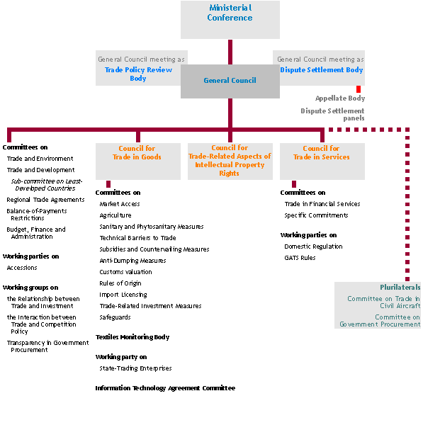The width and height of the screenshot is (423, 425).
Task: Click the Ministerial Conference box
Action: [230, 20]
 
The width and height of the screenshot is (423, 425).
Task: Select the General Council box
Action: [230, 81]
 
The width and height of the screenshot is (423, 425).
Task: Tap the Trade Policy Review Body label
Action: [138, 74]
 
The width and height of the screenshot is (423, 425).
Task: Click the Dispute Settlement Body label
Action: [321, 70]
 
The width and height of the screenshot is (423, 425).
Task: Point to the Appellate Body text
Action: [340, 98]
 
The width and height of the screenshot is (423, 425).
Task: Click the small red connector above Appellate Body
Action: [359, 89]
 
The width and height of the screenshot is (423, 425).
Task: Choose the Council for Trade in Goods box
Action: [138, 161]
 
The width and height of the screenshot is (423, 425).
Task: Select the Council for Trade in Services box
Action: [322, 161]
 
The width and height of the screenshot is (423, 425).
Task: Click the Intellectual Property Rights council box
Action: [230, 161]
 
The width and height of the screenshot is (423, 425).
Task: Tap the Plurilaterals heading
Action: [400, 288]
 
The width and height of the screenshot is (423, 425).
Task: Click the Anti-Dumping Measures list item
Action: [132, 261]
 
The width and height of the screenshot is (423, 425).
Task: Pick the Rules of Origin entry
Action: [120, 283]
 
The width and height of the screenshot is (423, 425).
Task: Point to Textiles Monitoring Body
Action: [132, 337]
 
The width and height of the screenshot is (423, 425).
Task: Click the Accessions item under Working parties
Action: [22, 268]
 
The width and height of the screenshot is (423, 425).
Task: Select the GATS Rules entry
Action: [300, 258]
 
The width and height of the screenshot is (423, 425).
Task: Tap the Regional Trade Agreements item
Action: [45, 200]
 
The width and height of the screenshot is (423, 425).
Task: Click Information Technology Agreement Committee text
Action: [165, 388]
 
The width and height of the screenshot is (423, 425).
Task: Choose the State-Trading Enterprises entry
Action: [135, 368]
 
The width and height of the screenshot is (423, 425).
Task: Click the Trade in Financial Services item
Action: [322, 204]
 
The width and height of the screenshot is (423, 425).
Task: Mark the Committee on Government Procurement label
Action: [380, 321]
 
